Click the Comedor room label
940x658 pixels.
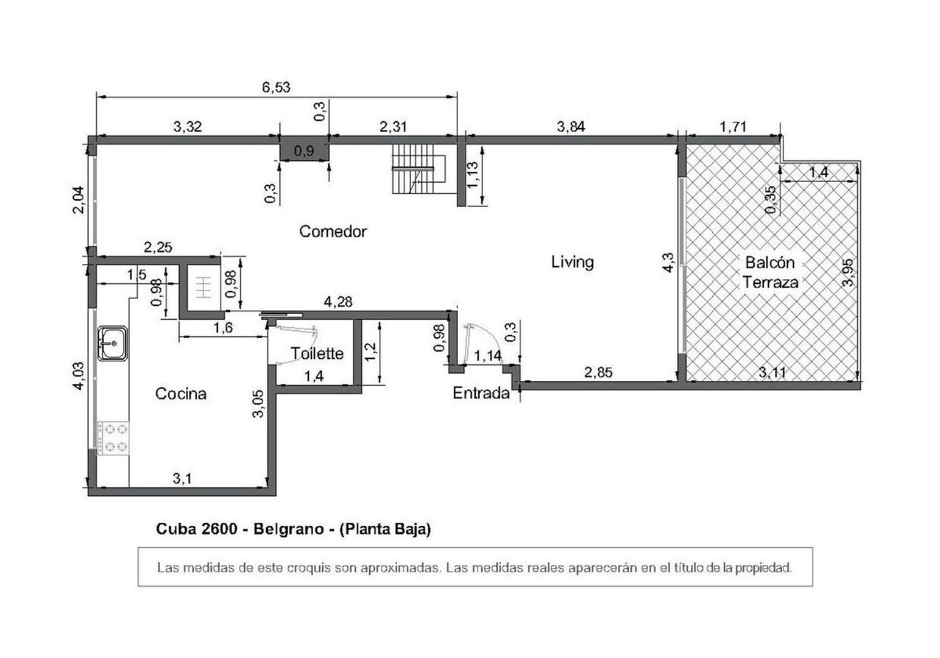(x=333, y=232)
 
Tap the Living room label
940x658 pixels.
(x=572, y=262)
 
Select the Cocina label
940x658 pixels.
(x=181, y=394)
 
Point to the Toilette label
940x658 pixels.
(x=317, y=353)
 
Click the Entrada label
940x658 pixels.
(x=481, y=393)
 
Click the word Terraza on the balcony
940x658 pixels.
(x=770, y=283)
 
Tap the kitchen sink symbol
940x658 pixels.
(x=113, y=343)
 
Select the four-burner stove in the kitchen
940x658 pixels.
(x=113, y=437)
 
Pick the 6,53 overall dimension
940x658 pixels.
(x=276, y=87)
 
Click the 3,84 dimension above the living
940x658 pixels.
(x=571, y=127)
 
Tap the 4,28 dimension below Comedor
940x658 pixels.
(x=337, y=302)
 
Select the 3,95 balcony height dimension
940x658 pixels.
(x=848, y=272)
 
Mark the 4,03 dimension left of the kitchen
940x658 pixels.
(x=79, y=376)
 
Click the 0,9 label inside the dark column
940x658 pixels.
(x=304, y=150)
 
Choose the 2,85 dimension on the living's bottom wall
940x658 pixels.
(x=598, y=372)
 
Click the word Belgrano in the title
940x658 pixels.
(x=288, y=529)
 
